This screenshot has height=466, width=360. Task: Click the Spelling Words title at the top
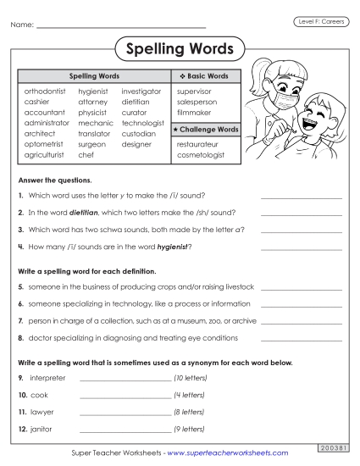point(180,48)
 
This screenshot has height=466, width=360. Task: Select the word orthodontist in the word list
point(45,90)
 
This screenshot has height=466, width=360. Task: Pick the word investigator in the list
point(141,90)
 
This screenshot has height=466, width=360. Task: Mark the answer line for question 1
point(301,196)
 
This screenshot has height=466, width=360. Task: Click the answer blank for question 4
point(301,248)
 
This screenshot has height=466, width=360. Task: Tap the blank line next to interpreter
point(125,379)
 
